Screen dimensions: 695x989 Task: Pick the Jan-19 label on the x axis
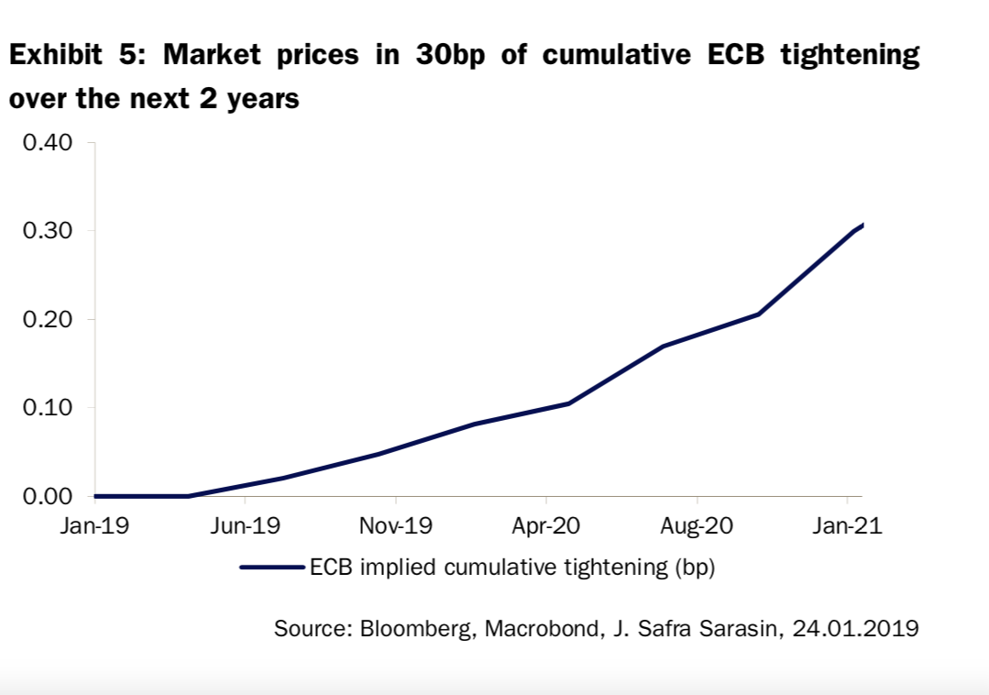94,527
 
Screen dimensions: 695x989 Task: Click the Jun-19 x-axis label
245,527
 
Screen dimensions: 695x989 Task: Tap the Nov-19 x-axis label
395,527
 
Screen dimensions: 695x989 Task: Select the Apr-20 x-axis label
545,527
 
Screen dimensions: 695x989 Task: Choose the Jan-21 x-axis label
847,527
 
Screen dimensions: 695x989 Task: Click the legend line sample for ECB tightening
272,568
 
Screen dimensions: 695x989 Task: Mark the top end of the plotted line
863,225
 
